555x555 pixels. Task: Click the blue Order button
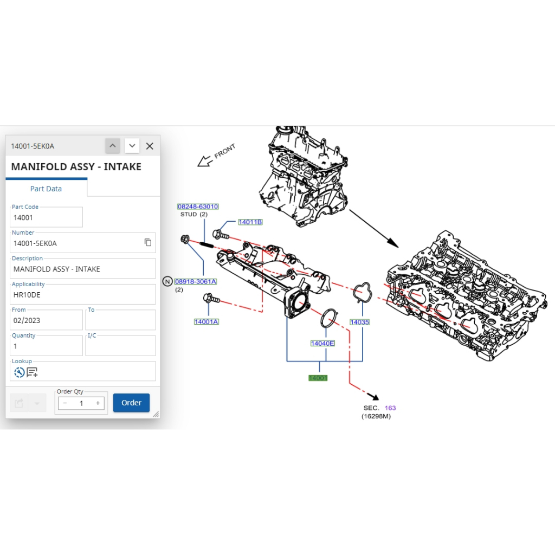(x=131, y=403)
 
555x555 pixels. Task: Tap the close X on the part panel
(x=150, y=146)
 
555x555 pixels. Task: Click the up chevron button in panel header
(x=113, y=146)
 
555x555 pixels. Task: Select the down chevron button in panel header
(x=132, y=146)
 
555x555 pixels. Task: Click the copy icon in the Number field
(x=148, y=242)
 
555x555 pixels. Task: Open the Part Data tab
(x=46, y=189)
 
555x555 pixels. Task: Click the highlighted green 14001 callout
(x=318, y=378)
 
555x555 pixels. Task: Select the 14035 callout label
(x=360, y=322)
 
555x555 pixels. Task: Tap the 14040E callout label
(x=322, y=343)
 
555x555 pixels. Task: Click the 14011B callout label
(x=250, y=222)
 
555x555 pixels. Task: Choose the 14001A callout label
(x=206, y=322)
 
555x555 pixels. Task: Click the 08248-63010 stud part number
(x=198, y=206)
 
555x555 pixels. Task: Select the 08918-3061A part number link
(x=195, y=281)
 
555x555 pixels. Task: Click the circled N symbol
(x=167, y=281)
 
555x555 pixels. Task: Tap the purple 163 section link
(x=390, y=408)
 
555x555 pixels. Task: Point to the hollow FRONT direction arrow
(x=205, y=162)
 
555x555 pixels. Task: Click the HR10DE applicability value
(x=27, y=295)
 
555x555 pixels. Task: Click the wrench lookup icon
(x=19, y=372)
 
